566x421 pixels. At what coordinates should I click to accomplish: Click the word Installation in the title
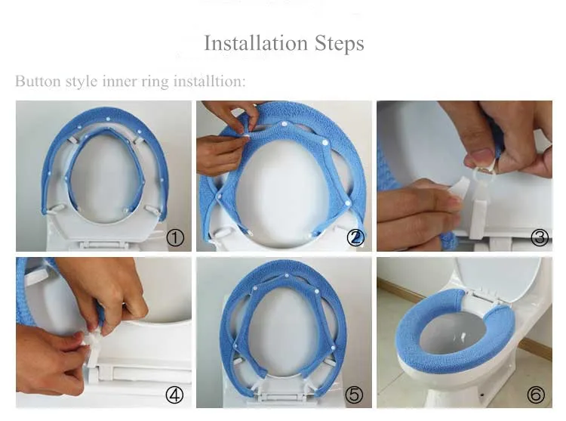click(256, 43)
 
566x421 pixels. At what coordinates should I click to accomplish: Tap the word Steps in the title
click(340, 44)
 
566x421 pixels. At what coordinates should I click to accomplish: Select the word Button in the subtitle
click(38, 81)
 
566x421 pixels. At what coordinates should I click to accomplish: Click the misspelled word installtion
click(209, 81)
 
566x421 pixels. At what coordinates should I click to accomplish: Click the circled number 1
click(175, 238)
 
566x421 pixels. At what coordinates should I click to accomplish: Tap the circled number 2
click(355, 238)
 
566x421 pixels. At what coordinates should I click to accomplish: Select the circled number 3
click(540, 238)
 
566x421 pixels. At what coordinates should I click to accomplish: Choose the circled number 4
click(174, 395)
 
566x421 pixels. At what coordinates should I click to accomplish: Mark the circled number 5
click(354, 395)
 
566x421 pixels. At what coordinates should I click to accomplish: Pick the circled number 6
click(536, 395)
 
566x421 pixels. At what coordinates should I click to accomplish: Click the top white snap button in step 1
click(108, 119)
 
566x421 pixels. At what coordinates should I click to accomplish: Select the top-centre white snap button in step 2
click(284, 124)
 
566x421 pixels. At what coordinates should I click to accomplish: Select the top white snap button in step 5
click(287, 276)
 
